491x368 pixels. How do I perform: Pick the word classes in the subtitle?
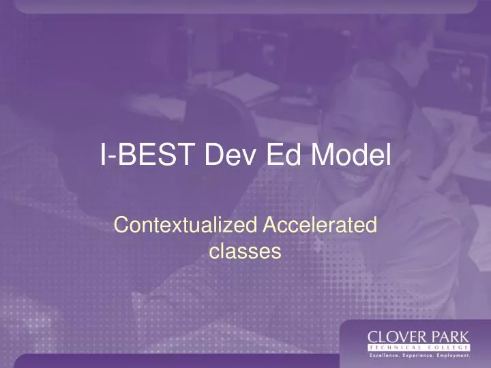point(245,252)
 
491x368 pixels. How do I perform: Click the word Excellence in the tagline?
point(386,356)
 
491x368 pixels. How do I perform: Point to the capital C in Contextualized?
point(121,226)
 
